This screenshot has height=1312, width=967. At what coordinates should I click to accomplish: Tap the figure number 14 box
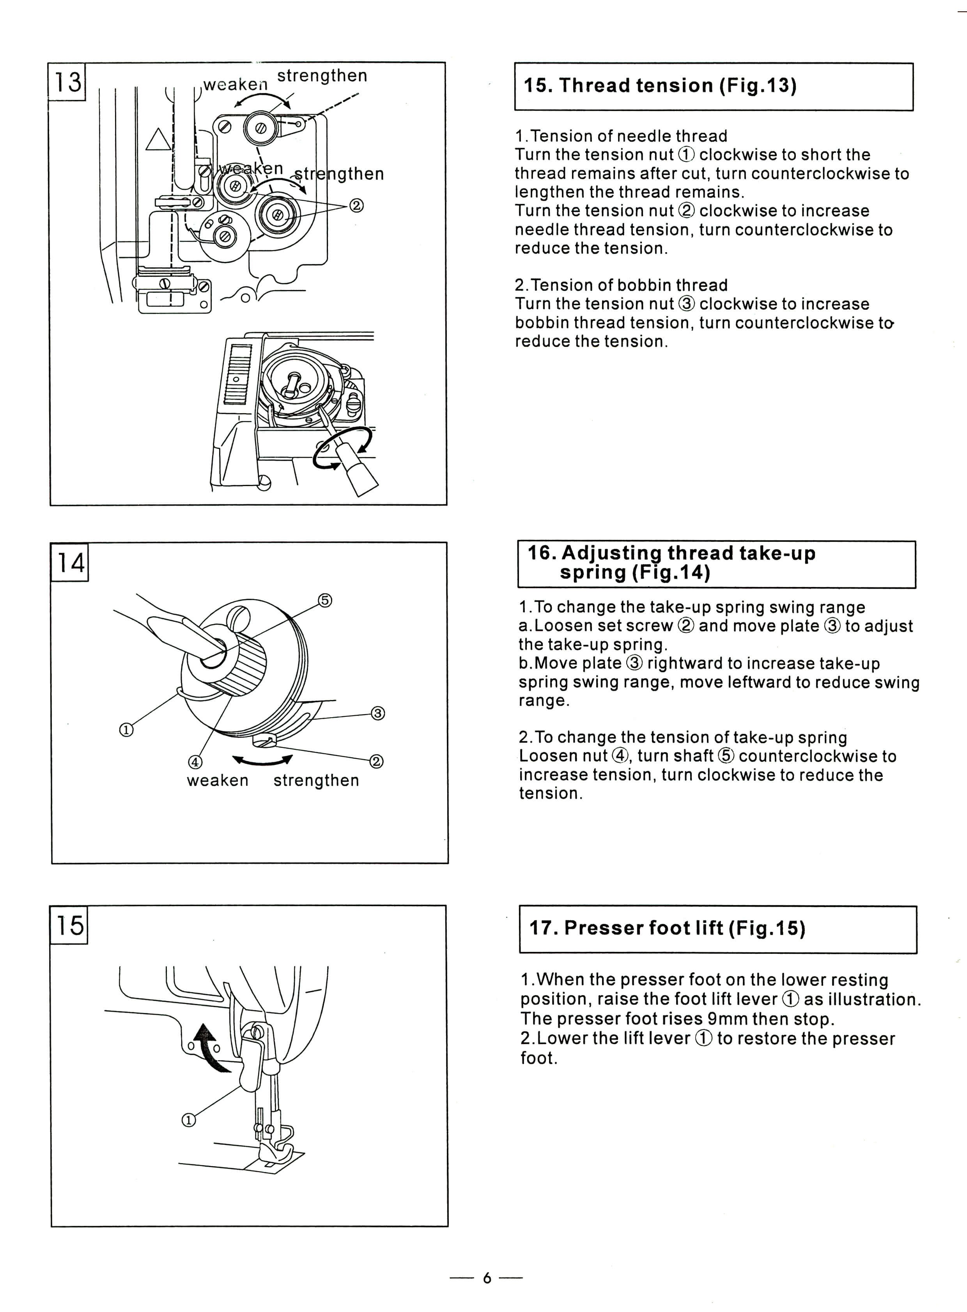(70, 562)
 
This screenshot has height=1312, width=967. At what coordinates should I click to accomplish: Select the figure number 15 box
(69, 925)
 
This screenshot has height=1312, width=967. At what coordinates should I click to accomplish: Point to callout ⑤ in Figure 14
(326, 600)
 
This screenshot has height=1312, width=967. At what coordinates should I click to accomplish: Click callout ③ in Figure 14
(378, 713)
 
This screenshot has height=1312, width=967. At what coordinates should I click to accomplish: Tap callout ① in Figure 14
(126, 730)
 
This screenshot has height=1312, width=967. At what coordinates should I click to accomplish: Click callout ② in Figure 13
(356, 205)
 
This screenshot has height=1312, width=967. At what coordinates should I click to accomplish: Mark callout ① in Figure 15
(188, 1120)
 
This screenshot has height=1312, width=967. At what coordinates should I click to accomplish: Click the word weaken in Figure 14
(218, 781)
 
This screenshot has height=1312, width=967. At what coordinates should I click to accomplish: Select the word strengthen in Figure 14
(316, 781)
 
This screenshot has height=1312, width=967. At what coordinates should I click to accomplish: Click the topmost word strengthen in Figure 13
(322, 76)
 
